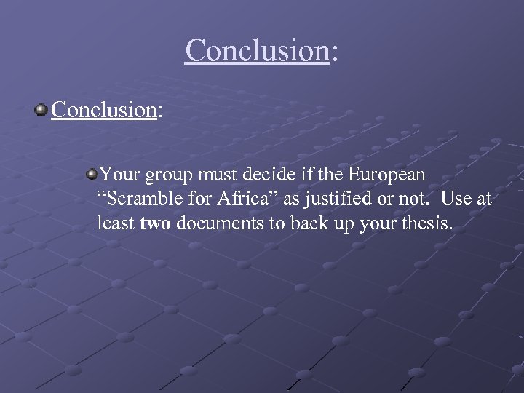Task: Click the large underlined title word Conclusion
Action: pyautogui.click(x=257, y=50)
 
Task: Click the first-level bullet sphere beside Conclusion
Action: pyautogui.click(x=41, y=110)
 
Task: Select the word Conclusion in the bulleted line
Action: pyautogui.click(x=105, y=110)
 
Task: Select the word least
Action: pyautogui.click(x=116, y=223)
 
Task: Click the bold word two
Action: pyautogui.click(x=155, y=223)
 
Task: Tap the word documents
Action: pyautogui.click(x=221, y=223)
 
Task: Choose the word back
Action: pyautogui.click(x=306, y=223)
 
